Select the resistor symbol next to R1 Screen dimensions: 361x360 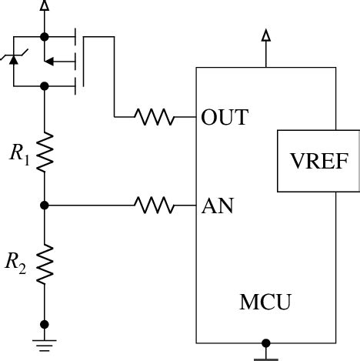click(45, 150)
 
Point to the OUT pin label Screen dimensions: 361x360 click(224, 118)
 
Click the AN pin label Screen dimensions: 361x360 click(218, 206)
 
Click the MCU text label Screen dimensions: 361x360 click(266, 301)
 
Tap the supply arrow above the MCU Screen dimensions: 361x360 click(266, 35)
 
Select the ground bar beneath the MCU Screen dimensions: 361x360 click(266, 356)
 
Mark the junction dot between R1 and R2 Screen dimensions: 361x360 click(45, 206)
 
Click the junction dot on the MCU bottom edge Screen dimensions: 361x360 click(266, 343)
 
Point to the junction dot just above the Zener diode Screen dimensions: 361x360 click(45, 35)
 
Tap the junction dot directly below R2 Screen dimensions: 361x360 click(45, 324)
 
